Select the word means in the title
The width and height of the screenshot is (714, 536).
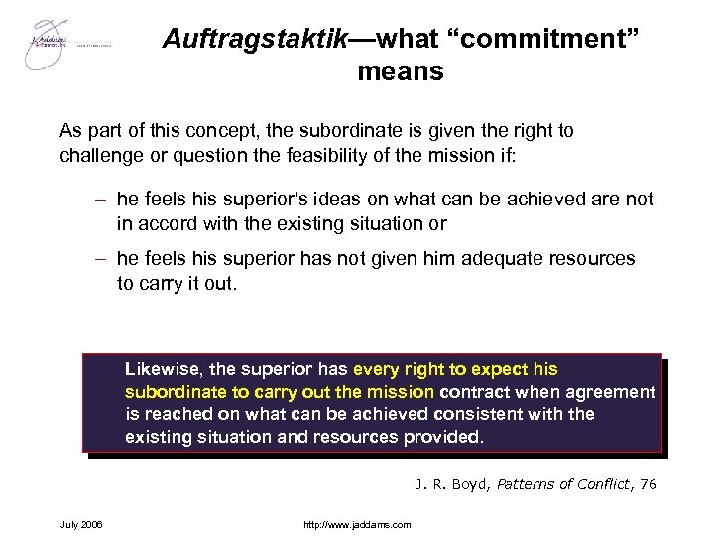tap(401, 71)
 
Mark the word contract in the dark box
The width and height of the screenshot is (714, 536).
tap(475, 391)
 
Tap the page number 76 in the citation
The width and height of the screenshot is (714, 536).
tap(647, 485)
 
